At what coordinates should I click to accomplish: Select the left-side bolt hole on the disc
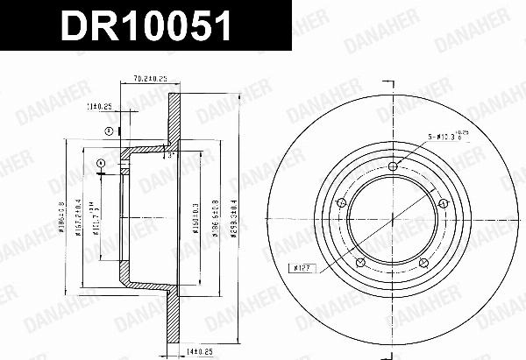pos(342,204)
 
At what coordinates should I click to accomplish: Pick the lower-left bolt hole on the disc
pos(361,262)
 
